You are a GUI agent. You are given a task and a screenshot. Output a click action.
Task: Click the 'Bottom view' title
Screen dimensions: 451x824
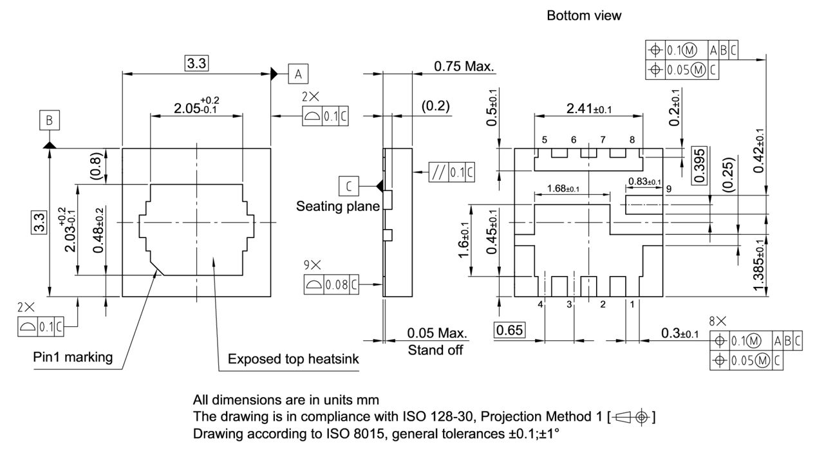(584, 16)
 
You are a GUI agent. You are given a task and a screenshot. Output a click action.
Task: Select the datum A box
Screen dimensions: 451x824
(298, 74)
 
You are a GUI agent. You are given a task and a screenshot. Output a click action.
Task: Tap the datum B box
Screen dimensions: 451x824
(50, 120)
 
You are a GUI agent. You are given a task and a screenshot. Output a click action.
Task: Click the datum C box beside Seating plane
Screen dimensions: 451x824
(348, 187)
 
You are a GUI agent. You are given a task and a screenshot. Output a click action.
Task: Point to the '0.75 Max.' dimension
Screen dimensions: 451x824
(463, 66)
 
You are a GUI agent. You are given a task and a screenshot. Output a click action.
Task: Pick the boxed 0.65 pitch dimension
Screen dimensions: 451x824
(510, 331)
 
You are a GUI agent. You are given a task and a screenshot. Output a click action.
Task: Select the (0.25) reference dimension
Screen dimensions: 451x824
(727, 174)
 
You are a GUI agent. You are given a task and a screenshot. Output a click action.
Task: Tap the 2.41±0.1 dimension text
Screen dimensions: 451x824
(588, 109)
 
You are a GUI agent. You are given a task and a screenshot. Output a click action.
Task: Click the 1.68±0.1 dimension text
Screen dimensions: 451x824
(563, 189)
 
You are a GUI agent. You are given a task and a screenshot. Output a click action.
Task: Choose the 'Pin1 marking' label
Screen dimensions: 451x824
(73, 357)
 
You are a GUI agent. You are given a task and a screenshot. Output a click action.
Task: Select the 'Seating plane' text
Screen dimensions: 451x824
(338, 207)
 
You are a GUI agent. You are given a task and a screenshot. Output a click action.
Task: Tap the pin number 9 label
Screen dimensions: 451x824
(669, 189)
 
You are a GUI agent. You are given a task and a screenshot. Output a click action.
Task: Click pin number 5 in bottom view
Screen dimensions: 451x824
(544, 140)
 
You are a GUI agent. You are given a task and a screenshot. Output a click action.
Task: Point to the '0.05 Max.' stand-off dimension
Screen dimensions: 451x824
(437, 333)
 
